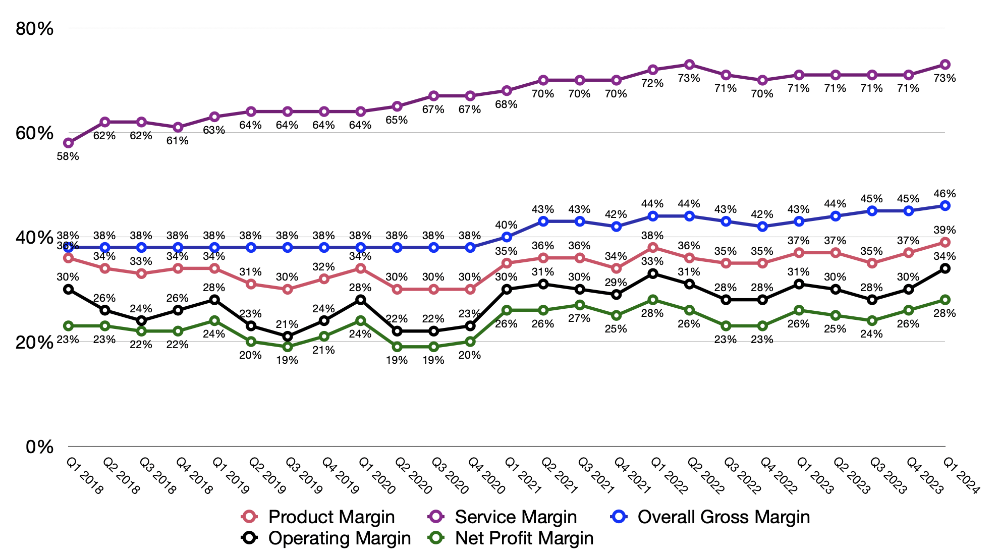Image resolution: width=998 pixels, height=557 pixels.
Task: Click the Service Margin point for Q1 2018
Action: [x=69, y=143]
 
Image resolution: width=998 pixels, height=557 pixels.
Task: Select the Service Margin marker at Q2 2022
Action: [x=689, y=65]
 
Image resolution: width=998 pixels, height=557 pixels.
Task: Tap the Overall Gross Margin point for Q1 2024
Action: [x=945, y=206]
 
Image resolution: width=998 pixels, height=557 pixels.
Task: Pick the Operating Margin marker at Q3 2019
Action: [x=288, y=336]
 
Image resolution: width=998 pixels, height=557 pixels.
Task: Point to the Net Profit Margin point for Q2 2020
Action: [x=397, y=347]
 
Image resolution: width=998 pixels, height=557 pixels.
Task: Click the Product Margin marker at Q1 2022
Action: [x=653, y=248]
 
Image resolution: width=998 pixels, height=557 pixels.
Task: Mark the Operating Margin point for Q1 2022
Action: [x=653, y=273]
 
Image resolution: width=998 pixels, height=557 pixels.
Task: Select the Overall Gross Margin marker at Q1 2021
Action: [x=507, y=237]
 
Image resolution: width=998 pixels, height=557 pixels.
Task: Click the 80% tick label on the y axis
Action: [x=34, y=29]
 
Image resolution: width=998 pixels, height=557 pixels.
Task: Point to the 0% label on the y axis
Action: [x=39, y=447]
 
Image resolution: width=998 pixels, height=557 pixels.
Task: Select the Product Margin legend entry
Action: [x=331, y=517]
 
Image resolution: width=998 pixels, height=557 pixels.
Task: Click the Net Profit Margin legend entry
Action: [x=524, y=538]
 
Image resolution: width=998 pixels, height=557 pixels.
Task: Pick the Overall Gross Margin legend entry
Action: [x=724, y=517]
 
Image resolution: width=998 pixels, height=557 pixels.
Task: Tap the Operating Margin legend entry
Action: [x=339, y=538]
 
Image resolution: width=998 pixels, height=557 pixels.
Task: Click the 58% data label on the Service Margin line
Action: [x=68, y=156]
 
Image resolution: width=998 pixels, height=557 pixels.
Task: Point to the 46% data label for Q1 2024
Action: [x=945, y=194]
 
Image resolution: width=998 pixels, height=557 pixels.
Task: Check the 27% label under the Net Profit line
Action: [x=579, y=318]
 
